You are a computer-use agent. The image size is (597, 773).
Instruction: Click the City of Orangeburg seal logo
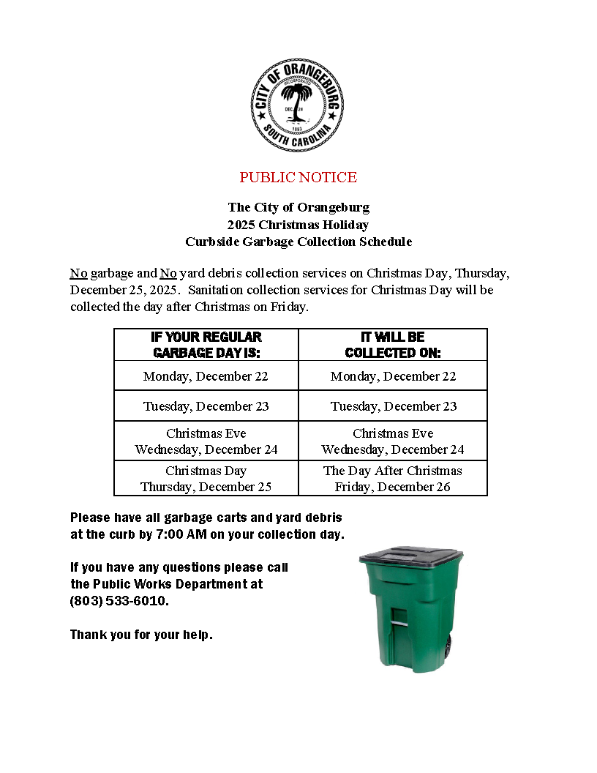[x=297, y=105]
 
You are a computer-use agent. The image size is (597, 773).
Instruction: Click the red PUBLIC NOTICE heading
[x=298, y=177]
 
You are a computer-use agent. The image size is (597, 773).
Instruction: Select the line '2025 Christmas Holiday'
[x=298, y=225]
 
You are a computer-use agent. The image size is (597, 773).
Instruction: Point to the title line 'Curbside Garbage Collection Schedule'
[x=298, y=242]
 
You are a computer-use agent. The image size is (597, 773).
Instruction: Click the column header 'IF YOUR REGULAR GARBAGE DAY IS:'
[x=206, y=345]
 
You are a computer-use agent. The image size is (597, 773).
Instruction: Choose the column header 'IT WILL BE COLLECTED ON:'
[x=393, y=345]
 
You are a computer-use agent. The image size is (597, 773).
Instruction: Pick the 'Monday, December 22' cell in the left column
[x=206, y=376]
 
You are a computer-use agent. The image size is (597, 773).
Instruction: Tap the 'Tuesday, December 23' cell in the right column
[x=393, y=406]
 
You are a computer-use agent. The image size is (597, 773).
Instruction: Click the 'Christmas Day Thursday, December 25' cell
[x=206, y=479]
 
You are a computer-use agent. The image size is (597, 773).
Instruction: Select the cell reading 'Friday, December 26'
[x=393, y=487]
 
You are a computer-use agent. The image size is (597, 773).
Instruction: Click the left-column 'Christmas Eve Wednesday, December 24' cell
[x=206, y=441]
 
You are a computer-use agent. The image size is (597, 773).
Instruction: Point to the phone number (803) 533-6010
[x=119, y=601]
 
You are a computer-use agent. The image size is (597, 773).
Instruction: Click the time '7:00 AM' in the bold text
[x=181, y=534]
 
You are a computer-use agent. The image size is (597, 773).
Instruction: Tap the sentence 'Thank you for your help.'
[x=141, y=635]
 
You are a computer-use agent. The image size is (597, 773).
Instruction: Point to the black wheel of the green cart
[x=447, y=645]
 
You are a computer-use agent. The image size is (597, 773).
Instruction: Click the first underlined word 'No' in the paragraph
[x=78, y=274]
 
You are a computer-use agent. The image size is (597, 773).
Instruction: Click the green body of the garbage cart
[x=410, y=622]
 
